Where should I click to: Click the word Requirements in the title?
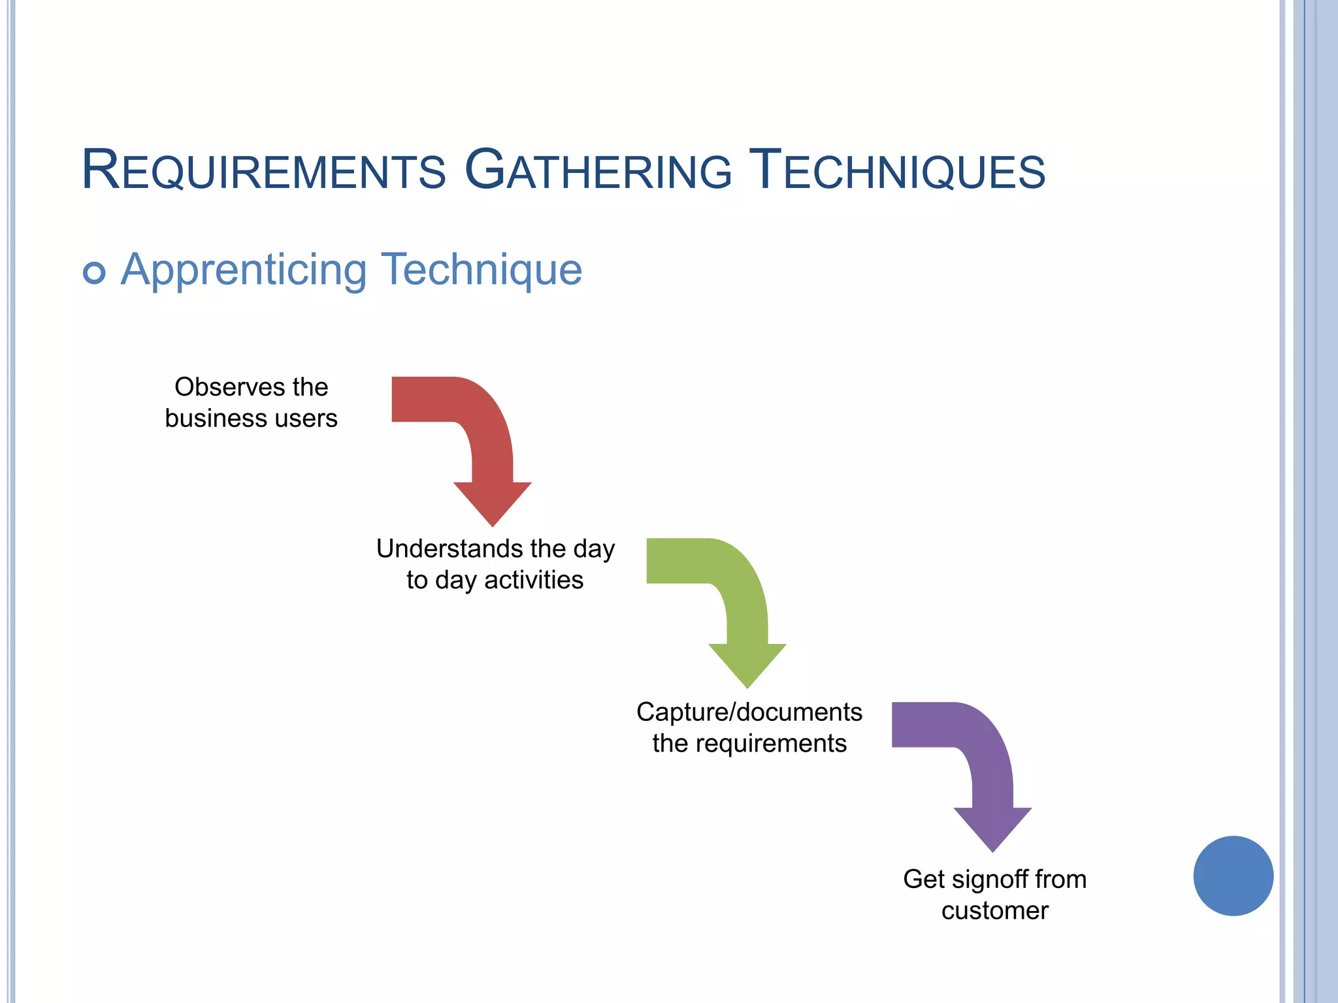coord(263,171)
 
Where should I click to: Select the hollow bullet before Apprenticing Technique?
coord(94,272)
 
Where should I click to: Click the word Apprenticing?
coord(244,270)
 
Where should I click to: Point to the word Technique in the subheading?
coord(481,269)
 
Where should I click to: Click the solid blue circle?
coord(1233,876)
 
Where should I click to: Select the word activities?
coord(534,580)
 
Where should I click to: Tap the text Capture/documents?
coord(749,712)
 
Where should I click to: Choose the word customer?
coord(994,911)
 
